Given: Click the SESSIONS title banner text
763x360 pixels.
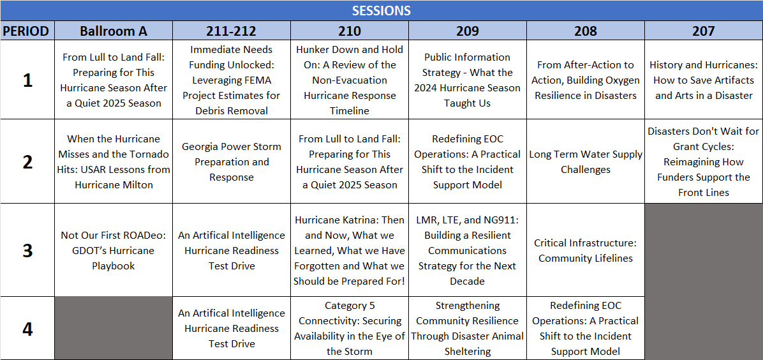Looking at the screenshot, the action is (381, 10).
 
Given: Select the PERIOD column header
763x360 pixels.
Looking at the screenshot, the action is (27, 31).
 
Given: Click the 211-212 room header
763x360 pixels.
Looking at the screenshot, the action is (232, 31).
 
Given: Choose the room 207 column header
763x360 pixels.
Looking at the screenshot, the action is (704, 31).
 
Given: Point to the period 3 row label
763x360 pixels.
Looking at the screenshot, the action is (27, 250).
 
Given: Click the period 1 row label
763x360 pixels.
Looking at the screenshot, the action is (27, 80).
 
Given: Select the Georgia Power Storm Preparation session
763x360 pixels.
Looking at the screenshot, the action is (232, 161).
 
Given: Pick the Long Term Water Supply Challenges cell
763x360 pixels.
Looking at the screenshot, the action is (586, 161).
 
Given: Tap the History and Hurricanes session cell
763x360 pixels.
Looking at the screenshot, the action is (704, 80).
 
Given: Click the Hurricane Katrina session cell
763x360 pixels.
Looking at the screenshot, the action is (350, 250).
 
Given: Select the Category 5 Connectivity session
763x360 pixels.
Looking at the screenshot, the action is (350, 328).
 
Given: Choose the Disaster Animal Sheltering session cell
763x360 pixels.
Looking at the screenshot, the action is (468, 328).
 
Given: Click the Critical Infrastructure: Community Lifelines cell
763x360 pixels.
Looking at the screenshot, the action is (586, 250).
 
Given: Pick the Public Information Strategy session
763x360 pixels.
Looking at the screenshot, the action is (468, 80).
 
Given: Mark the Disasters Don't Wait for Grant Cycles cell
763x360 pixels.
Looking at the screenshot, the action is (704, 161).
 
